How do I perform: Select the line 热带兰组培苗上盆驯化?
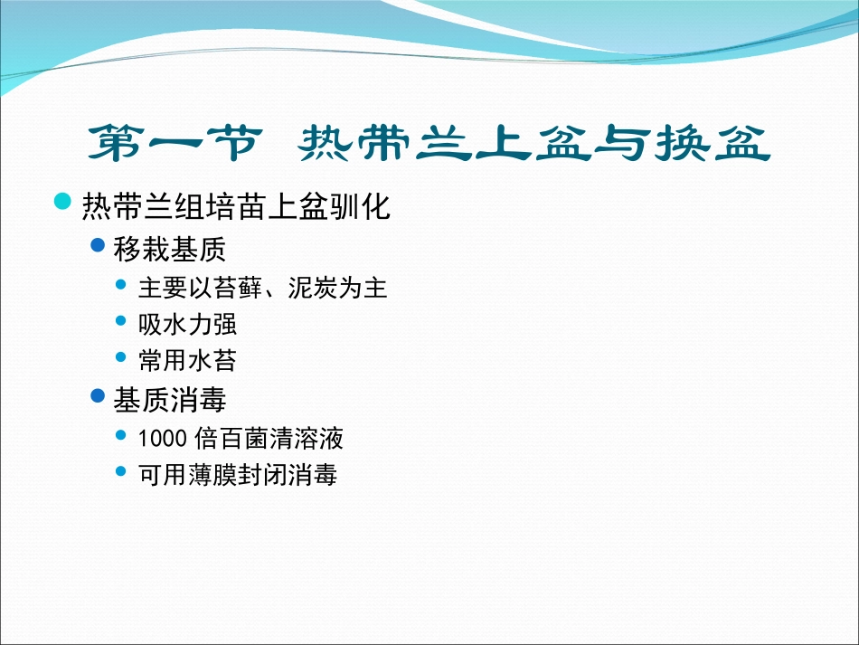[x=236, y=206]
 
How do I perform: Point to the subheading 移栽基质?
[x=170, y=249]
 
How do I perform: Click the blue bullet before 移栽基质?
[x=100, y=245]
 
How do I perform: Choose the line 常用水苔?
[x=187, y=361]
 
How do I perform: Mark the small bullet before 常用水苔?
[x=122, y=358]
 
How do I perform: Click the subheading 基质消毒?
[x=170, y=400]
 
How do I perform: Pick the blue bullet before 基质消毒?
[x=100, y=396]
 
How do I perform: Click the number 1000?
[x=163, y=439]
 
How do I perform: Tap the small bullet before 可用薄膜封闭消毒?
[x=122, y=471]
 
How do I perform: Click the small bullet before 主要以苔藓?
[x=122, y=286]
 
